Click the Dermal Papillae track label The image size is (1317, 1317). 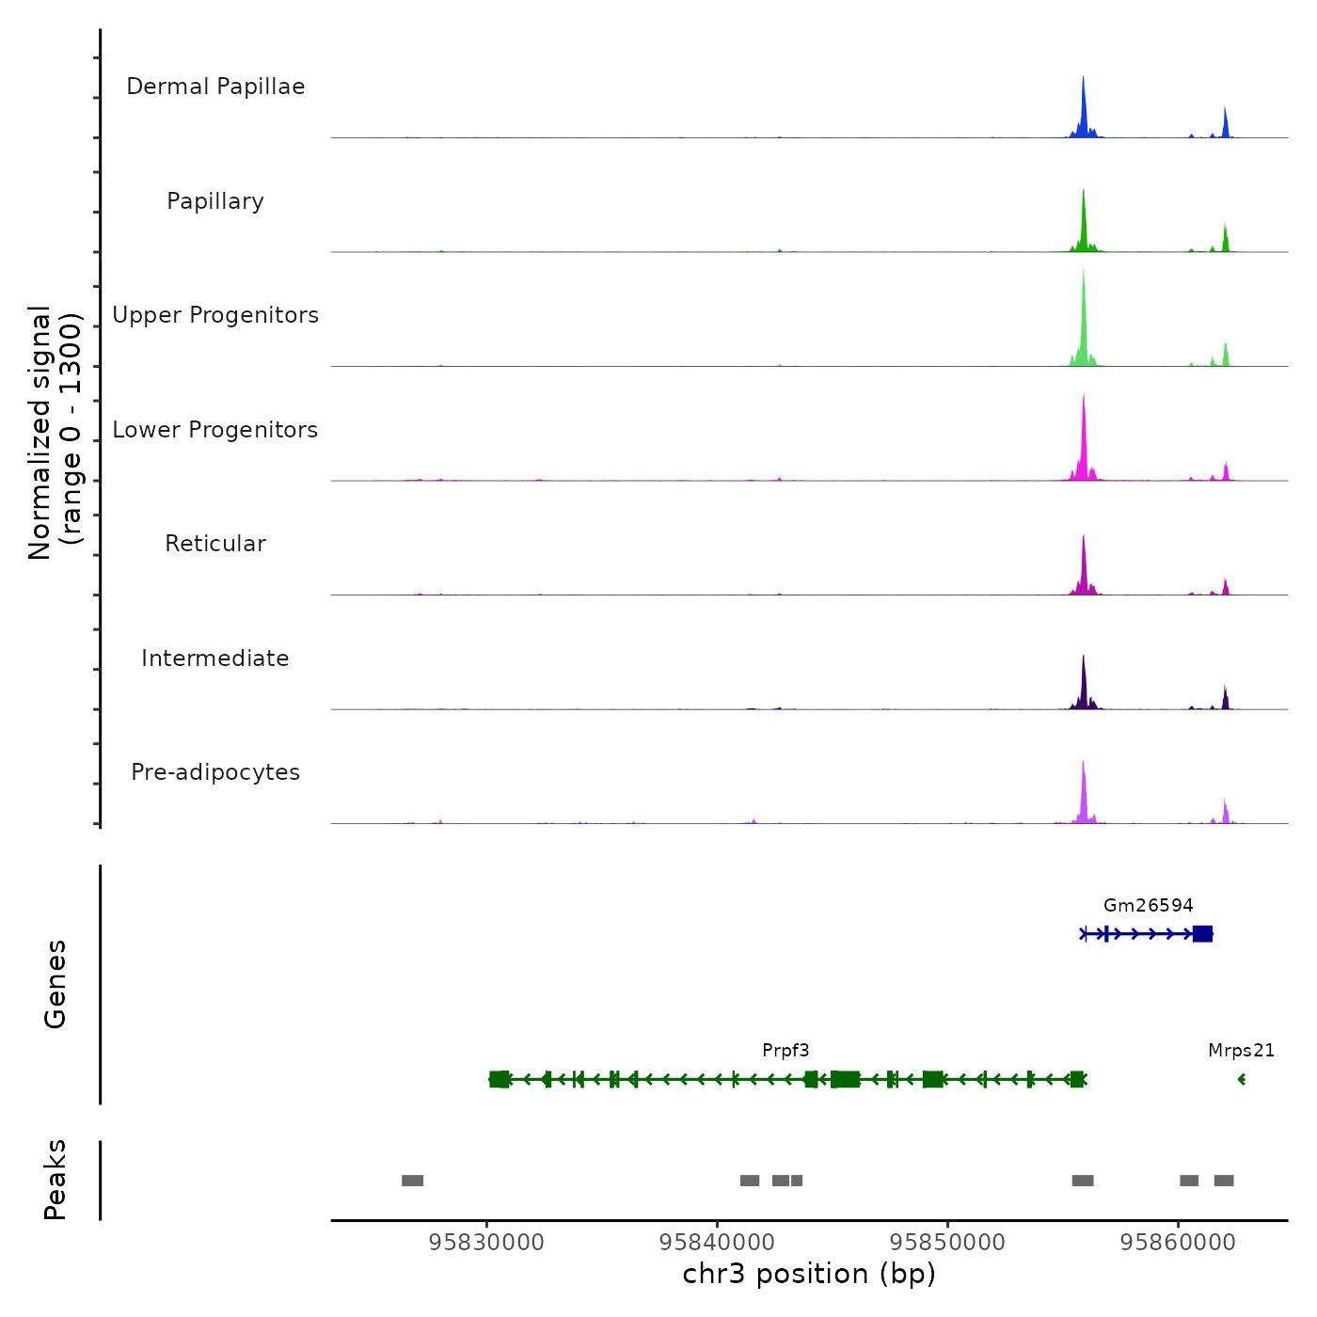click(215, 87)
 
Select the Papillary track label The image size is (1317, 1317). click(215, 201)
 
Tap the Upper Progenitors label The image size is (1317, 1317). click(215, 315)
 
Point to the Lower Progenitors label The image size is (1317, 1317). click(215, 430)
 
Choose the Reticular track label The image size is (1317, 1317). click(215, 544)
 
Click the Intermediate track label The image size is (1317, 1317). click(215, 658)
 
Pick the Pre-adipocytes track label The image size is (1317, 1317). click(215, 772)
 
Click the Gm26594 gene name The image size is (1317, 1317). click(1148, 906)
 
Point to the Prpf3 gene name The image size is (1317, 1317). click(785, 1051)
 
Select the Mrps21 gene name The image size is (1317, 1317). click(1241, 1051)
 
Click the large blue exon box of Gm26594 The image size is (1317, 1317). click(1202, 934)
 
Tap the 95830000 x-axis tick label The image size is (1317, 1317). click(486, 1243)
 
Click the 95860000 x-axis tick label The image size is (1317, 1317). click(1178, 1243)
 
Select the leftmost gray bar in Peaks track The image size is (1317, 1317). click(412, 1181)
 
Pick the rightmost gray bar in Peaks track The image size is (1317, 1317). click(1223, 1181)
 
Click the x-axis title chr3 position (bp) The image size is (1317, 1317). click(809, 1275)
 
